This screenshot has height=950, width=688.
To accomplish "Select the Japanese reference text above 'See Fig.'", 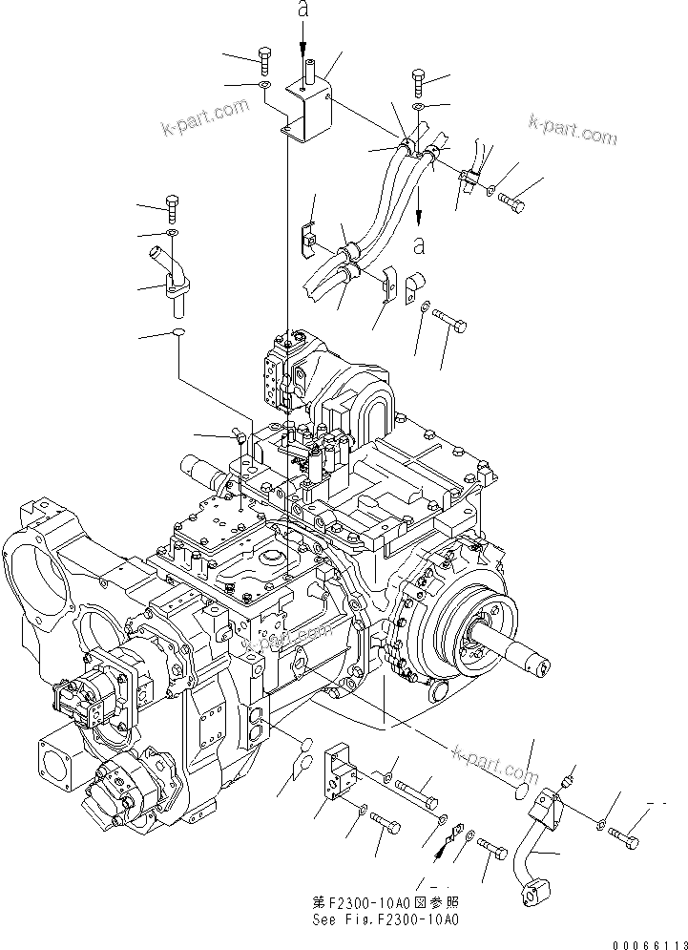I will (x=386, y=902).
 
